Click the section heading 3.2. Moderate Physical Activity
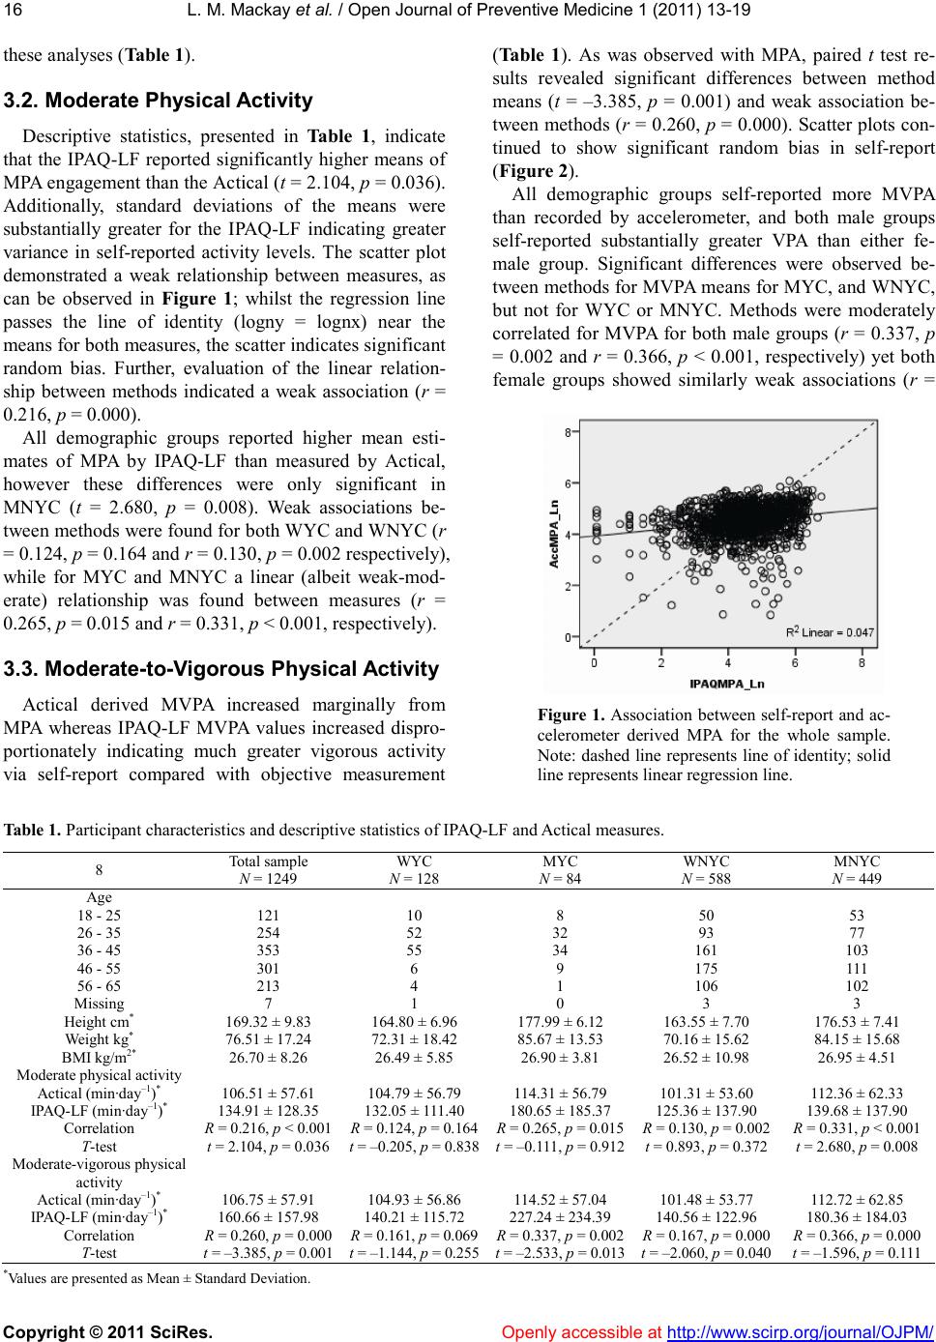pyautogui.click(x=159, y=101)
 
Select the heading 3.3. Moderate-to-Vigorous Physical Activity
pyautogui.click(x=221, y=669)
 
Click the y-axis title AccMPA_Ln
pyautogui.click(x=554, y=539)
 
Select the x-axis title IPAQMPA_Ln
pyautogui.click(x=726, y=684)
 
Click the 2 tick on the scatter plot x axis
pyautogui.click(x=660, y=663)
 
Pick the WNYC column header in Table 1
pyautogui.click(x=706, y=861)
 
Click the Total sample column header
pyautogui.click(x=268, y=861)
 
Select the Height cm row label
pyautogui.click(x=99, y=1022)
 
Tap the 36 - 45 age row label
pyautogui.click(x=100, y=950)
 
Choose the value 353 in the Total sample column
pyautogui.click(x=268, y=950)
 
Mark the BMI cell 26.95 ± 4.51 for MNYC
pyautogui.click(x=856, y=1057)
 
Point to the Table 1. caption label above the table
pyautogui.click(x=32, y=830)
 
